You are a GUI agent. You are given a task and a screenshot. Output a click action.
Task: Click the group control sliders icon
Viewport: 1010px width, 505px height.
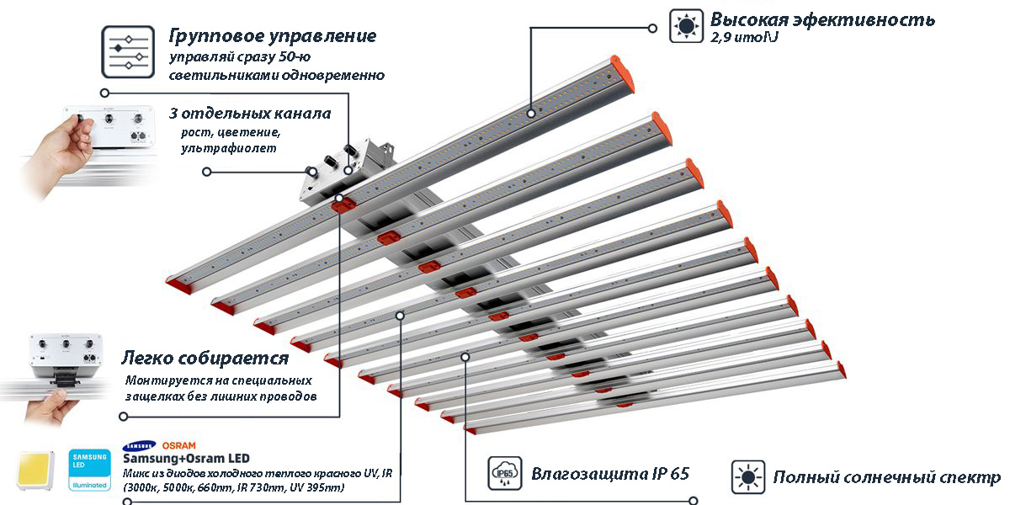[x=128, y=52]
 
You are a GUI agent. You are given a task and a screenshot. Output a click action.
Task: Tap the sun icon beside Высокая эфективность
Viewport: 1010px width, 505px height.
[x=686, y=26]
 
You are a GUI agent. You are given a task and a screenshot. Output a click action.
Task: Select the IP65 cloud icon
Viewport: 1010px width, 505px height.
[x=504, y=473]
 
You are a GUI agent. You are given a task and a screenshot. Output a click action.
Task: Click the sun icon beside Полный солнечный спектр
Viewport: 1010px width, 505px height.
[x=748, y=477]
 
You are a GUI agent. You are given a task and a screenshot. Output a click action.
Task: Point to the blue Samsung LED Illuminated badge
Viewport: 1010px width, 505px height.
[x=89, y=470]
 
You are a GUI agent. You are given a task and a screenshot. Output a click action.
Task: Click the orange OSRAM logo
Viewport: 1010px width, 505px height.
[x=179, y=445]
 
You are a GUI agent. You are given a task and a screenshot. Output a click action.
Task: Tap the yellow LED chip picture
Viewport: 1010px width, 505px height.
[x=35, y=470]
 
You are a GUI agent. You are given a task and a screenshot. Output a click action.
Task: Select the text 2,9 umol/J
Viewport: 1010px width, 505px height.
[x=744, y=37]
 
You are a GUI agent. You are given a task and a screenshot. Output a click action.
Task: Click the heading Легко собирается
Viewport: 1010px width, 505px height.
[x=205, y=358]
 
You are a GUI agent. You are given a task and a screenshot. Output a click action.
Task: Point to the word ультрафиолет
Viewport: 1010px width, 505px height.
[x=229, y=148]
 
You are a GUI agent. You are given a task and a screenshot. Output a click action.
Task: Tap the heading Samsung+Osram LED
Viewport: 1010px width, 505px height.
[x=186, y=459]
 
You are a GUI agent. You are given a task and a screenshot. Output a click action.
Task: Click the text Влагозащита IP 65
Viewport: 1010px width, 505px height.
[x=610, y=473]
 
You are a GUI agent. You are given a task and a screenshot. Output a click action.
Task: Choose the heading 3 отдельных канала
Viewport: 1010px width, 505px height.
[x=250, y=114]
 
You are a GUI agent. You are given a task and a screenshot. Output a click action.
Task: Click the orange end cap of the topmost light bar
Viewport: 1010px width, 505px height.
[x=623, y=74]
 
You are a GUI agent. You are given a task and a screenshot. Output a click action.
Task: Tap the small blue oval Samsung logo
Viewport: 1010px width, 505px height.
[x=140, y=446]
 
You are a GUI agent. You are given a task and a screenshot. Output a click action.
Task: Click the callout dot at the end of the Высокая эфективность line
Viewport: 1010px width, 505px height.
[x=652, y=28]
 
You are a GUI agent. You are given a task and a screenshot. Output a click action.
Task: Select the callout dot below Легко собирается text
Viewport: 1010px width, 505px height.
[x=123, y=416]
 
